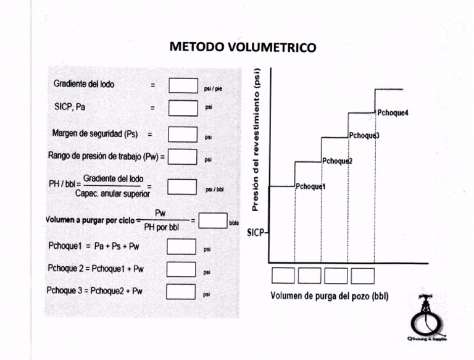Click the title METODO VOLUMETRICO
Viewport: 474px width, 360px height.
(243, 47)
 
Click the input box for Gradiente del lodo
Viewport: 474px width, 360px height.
(183, 85)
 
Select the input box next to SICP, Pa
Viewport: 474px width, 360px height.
(183, 108)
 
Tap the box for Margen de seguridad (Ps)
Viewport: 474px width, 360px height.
(183, 134)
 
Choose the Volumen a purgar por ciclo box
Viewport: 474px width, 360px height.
(212, 220)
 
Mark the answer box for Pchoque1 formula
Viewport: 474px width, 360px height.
(181, 247)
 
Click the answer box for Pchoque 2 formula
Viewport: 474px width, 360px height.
(181, 269)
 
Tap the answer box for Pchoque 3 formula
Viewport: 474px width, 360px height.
(181, 291)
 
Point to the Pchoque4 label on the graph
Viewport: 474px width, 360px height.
(393, 112)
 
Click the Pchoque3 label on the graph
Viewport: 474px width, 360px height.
(364, 136)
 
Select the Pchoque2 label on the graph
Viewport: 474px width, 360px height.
(337, 161)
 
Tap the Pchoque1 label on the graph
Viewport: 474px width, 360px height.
(310, 186)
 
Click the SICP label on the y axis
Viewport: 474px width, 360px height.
(256, 233)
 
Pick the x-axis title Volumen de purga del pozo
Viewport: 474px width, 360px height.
(329, 296)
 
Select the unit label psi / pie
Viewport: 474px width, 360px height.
(214, 89)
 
